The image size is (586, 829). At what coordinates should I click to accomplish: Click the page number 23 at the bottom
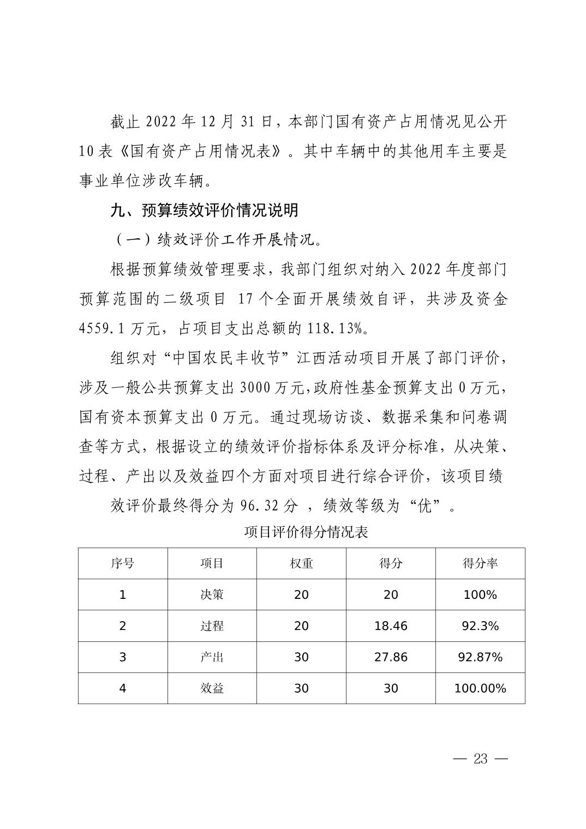(481, 759)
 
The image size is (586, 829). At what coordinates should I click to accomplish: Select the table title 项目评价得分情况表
(306, 532)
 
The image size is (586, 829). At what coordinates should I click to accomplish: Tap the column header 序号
(122, 563)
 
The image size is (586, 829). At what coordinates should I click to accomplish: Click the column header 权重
(301, 563)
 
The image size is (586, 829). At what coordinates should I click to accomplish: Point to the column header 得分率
(480, 563)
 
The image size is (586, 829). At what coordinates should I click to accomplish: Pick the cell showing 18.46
(391, 626)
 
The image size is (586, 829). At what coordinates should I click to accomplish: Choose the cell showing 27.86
(391, 657)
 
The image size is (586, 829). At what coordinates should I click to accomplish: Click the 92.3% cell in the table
(480, 626)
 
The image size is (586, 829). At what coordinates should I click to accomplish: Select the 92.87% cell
(480, 657)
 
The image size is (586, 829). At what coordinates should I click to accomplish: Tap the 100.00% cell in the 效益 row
(480, 688)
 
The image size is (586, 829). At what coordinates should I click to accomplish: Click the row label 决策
(212, 594)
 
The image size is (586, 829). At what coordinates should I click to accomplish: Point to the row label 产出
(212, 657)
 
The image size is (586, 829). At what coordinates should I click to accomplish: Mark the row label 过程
(212, 626)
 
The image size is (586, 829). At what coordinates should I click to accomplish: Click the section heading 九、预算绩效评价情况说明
(205, 210)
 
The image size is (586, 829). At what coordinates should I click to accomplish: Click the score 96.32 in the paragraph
(260, 506)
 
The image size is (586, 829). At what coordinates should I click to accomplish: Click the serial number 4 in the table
(122, 688)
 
